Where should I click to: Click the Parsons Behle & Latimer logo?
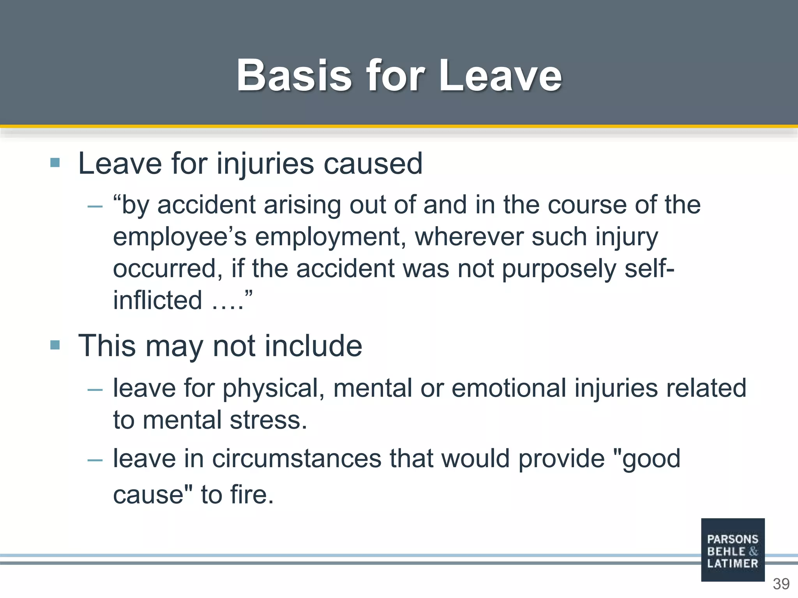(x=733, y=550)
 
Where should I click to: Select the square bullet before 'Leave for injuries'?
(x=55, y=163)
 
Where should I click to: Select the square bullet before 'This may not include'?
(x=55, y=345)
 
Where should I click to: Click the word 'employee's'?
(x=180, y=237)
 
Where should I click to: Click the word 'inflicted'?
(x=157, y=300)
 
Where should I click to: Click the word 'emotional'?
(x=508, y=388)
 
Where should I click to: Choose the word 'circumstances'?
(x=297, y=459)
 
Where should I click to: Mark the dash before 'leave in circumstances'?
(x=95, y=460)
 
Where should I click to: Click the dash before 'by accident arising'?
(x=95, y=206)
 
